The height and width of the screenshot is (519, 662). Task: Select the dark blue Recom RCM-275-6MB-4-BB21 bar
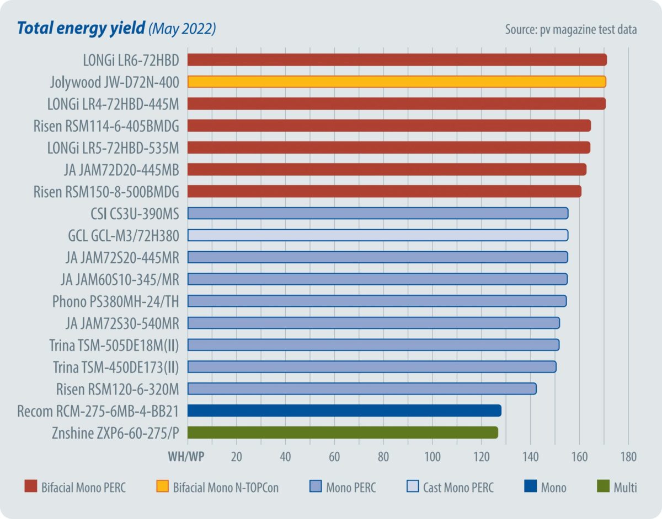pos(344,410)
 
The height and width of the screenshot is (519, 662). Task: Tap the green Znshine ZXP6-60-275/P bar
pos(343,432)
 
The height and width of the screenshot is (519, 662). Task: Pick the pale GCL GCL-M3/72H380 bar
pos(377,235)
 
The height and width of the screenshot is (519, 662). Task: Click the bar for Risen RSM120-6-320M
pos(361,388)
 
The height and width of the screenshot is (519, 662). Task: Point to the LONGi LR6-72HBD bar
pos(397,60)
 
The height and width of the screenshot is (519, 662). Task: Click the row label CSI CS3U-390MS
pos(135,213)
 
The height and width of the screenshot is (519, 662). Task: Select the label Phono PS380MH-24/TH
pos(116,301)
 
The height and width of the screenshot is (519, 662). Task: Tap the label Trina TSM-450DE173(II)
pos(116,366)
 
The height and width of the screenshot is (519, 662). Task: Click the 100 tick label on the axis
pos(432,457)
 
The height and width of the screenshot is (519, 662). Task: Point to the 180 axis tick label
pos(628,457)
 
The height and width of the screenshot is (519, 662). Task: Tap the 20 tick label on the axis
pos(236,457)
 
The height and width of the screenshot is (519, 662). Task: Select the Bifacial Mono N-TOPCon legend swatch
pos(162,486)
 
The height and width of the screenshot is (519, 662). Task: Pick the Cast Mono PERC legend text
pos(458,487)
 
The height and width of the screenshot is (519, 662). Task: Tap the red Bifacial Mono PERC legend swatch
pos(30,486)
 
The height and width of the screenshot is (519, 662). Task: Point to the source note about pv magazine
pos(570,29)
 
